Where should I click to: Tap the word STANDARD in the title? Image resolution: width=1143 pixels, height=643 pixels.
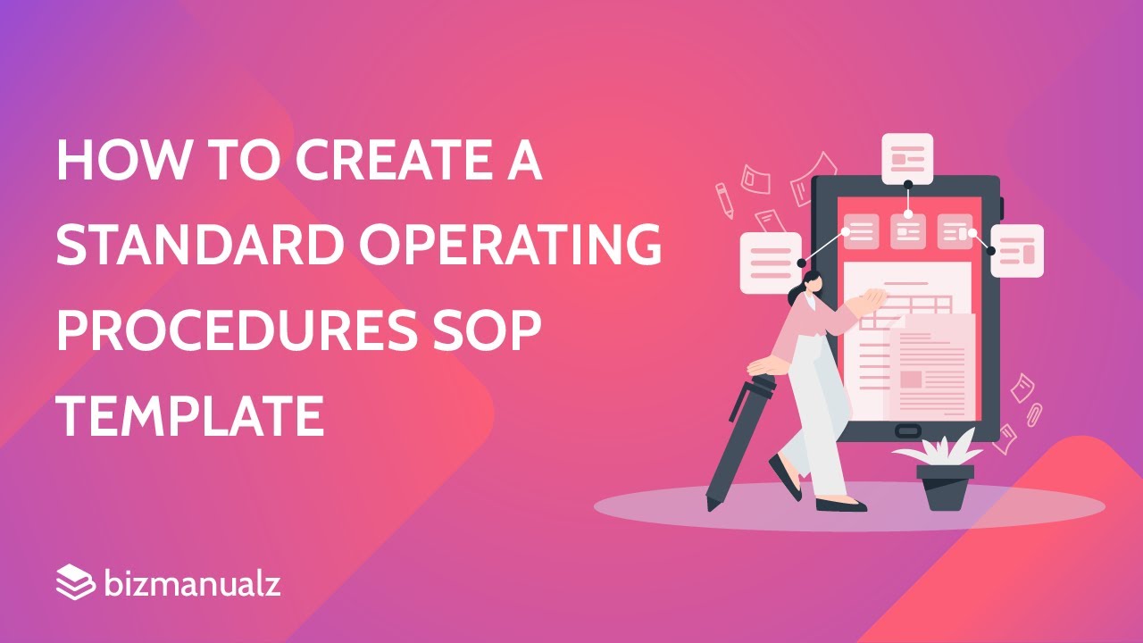(x=195, y=245)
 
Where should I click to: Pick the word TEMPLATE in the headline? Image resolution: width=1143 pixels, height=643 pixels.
(x=189, y=414)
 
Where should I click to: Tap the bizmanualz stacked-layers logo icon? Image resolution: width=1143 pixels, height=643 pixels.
(x=74, y=583)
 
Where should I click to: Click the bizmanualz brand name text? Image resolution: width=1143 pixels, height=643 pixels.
(x=192, y=584)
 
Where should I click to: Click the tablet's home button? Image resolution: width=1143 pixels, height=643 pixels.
(x=907, y=431)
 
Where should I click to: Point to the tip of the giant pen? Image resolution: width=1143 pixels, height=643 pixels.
(x=712, y=505)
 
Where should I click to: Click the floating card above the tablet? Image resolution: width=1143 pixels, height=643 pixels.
(x=907, y=159)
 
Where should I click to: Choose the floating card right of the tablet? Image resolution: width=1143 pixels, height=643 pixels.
(x=1017, y=251)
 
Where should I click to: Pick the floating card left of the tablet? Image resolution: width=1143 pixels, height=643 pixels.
(x=770, y=263)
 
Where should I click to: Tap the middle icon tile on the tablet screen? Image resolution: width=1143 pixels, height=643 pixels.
(x=908, y=231)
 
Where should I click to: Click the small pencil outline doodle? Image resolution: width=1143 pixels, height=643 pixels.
(x=724, y=200)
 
